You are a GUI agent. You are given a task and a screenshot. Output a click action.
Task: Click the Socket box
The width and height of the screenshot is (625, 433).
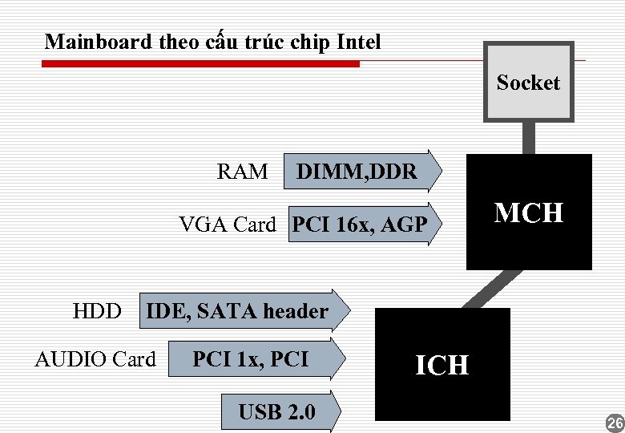(528, 82)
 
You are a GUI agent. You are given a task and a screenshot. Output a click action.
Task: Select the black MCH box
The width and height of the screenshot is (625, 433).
(529, 212)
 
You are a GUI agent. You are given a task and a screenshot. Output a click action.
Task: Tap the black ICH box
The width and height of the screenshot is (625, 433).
(442, 365)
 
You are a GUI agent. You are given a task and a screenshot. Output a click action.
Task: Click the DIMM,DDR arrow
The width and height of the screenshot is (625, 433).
(362, 171)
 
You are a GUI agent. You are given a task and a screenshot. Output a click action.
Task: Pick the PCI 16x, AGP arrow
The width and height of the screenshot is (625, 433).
(365, 225)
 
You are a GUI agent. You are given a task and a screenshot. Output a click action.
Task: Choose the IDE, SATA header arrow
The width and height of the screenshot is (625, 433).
(244, 311)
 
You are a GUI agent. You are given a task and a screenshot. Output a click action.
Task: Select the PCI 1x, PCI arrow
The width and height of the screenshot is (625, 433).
(256, 358)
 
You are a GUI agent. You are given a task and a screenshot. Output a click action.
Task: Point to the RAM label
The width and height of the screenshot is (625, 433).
(242, 172)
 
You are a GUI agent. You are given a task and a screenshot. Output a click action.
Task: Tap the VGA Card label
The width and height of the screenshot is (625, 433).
(227, 225)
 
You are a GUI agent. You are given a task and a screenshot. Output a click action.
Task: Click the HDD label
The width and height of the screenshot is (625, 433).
(97, 311)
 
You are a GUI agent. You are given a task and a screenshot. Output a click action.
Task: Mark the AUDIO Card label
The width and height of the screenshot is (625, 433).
(95, 359)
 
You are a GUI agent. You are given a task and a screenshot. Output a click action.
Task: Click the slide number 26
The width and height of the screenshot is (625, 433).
(615, 423)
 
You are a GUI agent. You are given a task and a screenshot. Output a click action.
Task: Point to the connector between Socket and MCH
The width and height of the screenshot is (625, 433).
(529, 137)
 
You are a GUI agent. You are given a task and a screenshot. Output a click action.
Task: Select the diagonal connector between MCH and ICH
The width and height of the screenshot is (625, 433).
(490, 289)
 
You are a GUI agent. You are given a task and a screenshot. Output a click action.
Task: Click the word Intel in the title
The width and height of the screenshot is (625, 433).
(359, 42)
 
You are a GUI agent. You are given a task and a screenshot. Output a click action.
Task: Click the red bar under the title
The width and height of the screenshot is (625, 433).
(200, 63)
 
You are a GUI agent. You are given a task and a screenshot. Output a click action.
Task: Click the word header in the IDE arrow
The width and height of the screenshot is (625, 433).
(296, 311)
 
